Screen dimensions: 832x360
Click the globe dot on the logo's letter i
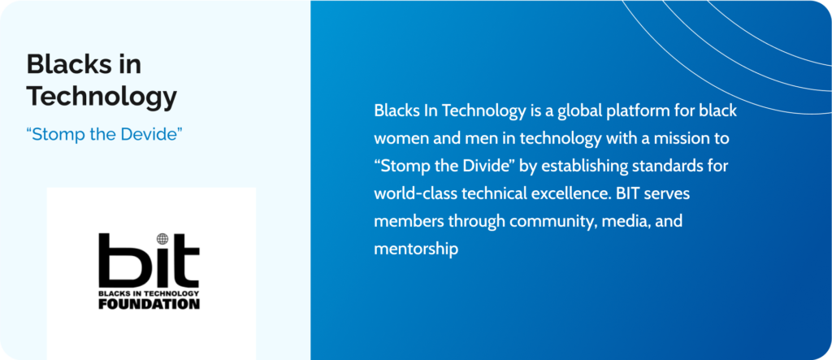pos(162,239)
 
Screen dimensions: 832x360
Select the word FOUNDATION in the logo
pos(149,304)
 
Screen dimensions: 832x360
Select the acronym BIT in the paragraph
pos(627,193)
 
